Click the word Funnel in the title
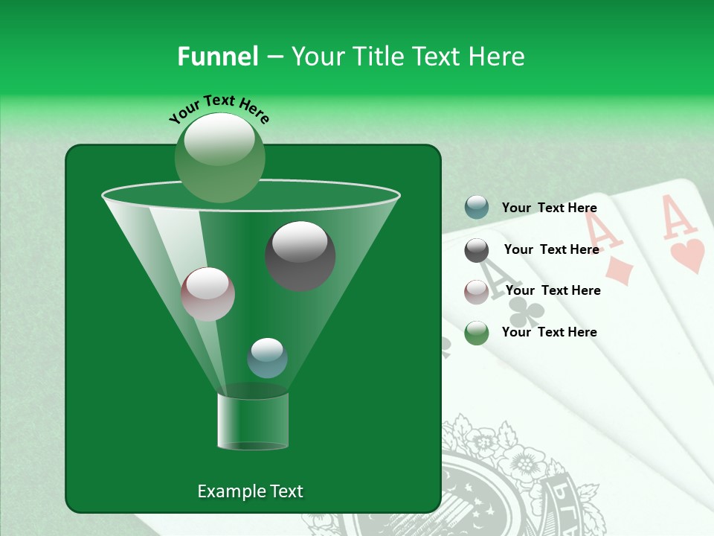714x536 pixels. tap(217, 57)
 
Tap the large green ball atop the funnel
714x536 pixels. tap(219, 157)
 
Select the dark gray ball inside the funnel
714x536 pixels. tap(300, 255)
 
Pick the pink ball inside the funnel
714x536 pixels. tap(208, 294)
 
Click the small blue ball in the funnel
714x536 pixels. tap(267, 358)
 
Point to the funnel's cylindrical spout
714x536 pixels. tap(253, 421)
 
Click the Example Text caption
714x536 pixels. tap(250, 491)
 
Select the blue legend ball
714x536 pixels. tap(476, 208)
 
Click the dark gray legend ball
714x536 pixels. tap(476, 249)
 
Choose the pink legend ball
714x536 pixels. tap(476, 291)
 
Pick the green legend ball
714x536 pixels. tap(476, 333)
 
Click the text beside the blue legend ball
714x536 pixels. tap(549, 208)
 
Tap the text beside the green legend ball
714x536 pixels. tap(549, 332)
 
